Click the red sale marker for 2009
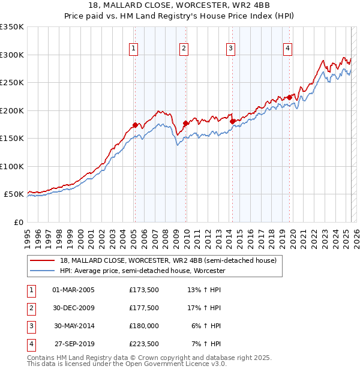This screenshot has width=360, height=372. click(x=186, y=123)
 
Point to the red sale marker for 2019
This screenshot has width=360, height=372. click(x=289, y=97)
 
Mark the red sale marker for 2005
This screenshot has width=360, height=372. click(x=135, y=125)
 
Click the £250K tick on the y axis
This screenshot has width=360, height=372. click(x=12, y=83)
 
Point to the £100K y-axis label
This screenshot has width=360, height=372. click(x=12, y=166)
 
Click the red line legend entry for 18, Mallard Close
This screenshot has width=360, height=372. click(x=168, y=260)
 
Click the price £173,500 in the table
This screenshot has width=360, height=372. click(x=144, y=290)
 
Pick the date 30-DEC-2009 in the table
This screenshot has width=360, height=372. click(x=73, y=308)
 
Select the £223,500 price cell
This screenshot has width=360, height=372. click(x=144, y=344)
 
